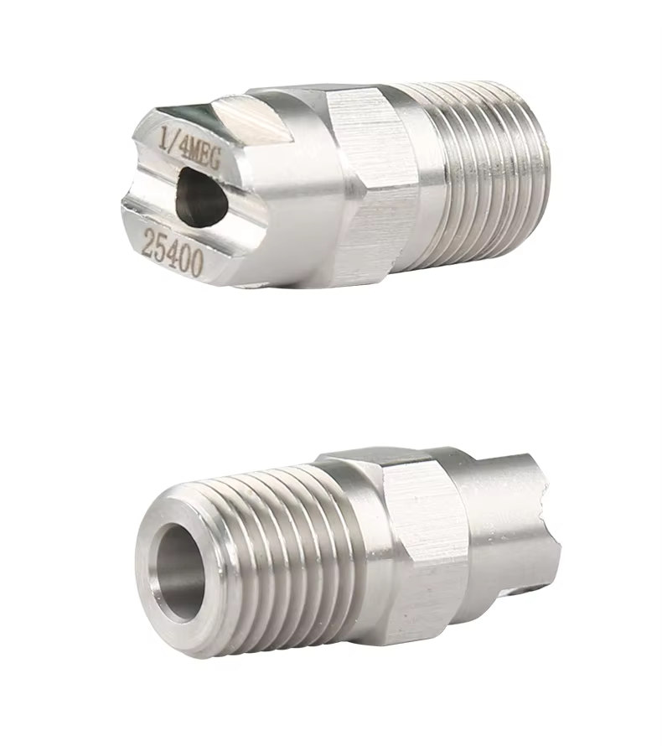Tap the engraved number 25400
(x=173, y=251)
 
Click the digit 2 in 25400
(x=149, y=241)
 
